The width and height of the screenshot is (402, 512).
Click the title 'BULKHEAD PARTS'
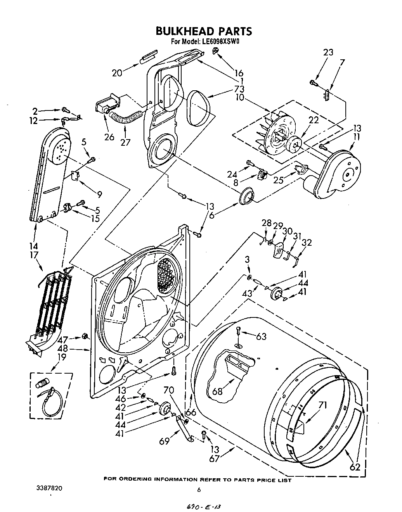pos(204,31)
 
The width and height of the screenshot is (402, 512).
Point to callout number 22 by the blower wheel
pos(314,120)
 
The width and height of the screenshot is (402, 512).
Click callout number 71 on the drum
pos(322,405)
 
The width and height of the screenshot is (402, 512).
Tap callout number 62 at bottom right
pos(355,467)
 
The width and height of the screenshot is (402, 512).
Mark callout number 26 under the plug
pos(109,136)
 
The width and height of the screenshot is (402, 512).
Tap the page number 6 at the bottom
pos(199,490)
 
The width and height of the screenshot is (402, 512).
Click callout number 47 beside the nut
pos(63,340)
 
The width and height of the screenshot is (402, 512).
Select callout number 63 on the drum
pos(261,336)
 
